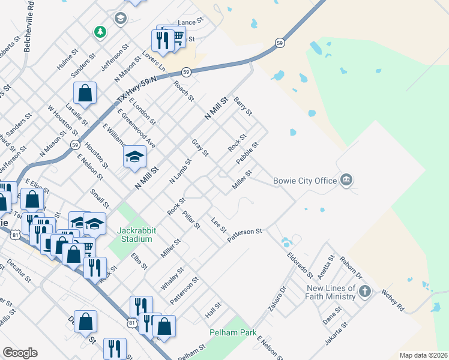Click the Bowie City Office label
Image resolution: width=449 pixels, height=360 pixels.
tap(305, 179)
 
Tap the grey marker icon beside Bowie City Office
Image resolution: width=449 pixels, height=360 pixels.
tap(346, 179)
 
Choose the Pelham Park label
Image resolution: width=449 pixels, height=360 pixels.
tap(233, 332)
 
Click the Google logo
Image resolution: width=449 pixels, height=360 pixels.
tap(20, 353)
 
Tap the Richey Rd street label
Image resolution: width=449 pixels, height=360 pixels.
tap(393, 301)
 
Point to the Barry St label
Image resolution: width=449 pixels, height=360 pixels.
tap(243, 106)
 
